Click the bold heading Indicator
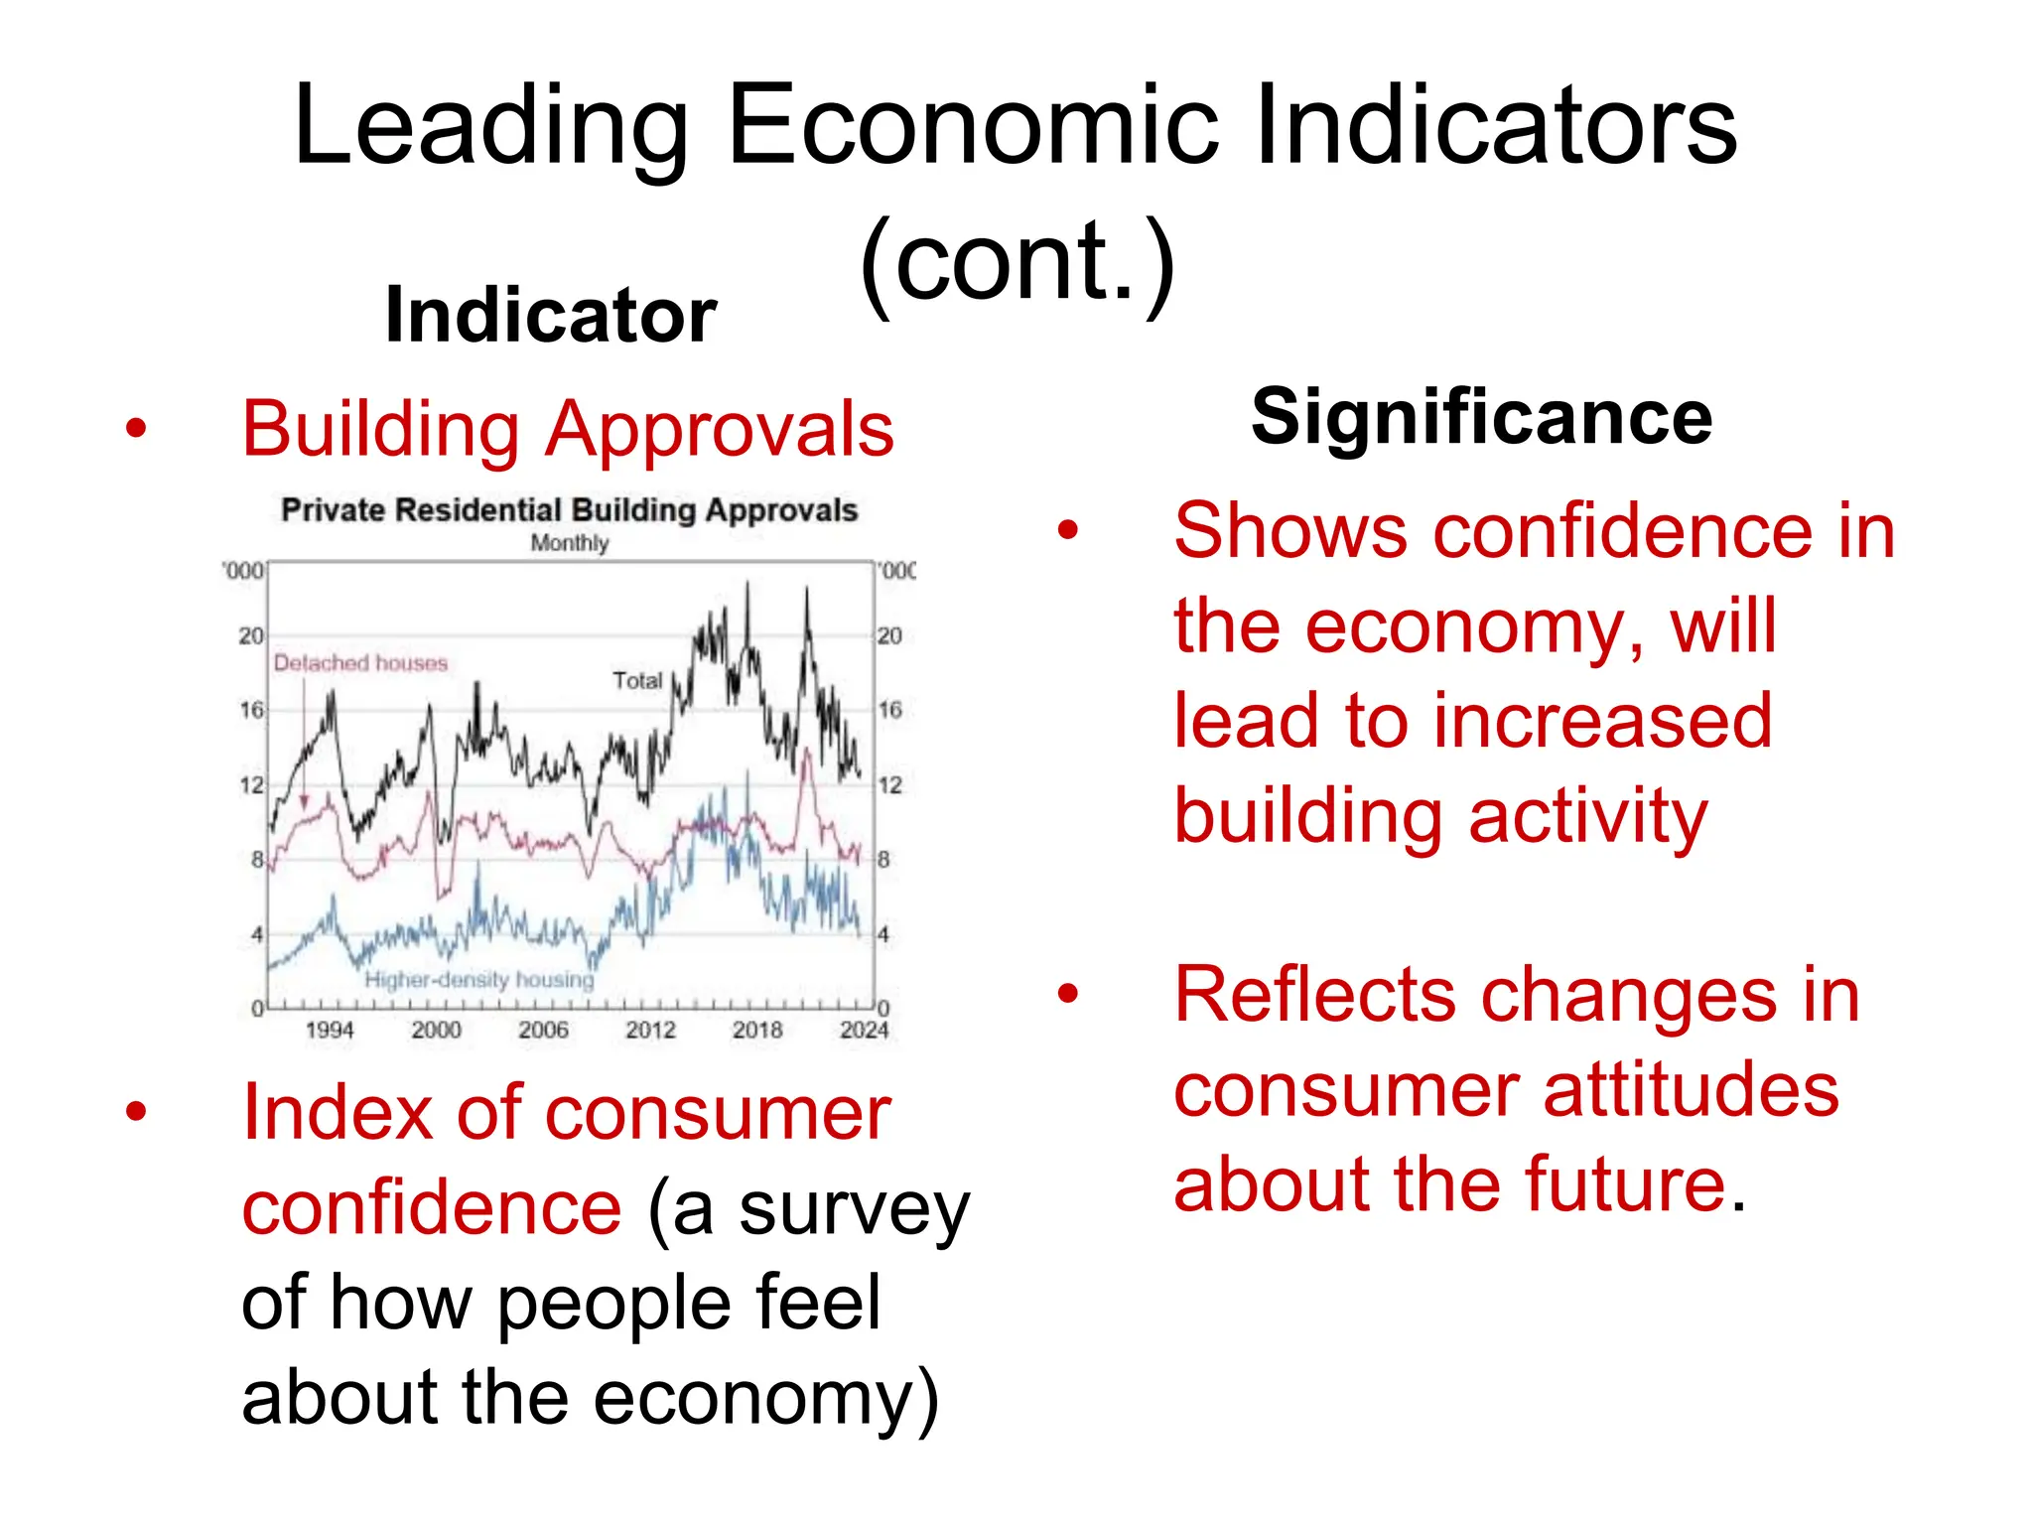551,316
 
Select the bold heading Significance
1481,417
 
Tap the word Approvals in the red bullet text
720,429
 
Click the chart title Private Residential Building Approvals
569,510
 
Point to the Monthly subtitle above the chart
569,543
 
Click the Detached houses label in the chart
360,663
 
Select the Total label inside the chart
636,681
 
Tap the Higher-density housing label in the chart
478,980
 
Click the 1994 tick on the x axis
330,1031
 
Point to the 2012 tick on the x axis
650,1031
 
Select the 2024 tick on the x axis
864,1031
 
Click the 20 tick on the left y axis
251,635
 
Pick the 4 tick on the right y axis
883,934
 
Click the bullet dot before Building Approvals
136,429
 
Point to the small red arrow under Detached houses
304,800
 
